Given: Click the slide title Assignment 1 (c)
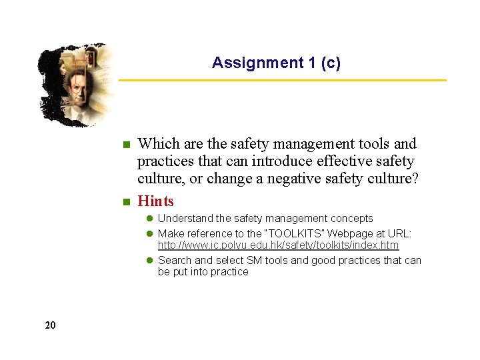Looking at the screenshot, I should point(276,63).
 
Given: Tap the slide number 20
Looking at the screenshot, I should point(51,325).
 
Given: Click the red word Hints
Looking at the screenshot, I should point(155,201).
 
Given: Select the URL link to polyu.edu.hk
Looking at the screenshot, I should point(278,246).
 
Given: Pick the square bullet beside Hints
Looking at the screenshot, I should point(125,202).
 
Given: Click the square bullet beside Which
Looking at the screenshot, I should point(125,145).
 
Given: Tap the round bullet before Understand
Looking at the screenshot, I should point(150,219).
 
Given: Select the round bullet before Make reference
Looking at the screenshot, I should point(150,234).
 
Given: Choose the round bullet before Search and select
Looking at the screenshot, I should point(150,261).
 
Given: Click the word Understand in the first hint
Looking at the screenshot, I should point(185,219).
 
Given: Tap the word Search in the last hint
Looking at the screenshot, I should point(175,261).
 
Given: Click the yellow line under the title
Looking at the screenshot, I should point(283,81).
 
